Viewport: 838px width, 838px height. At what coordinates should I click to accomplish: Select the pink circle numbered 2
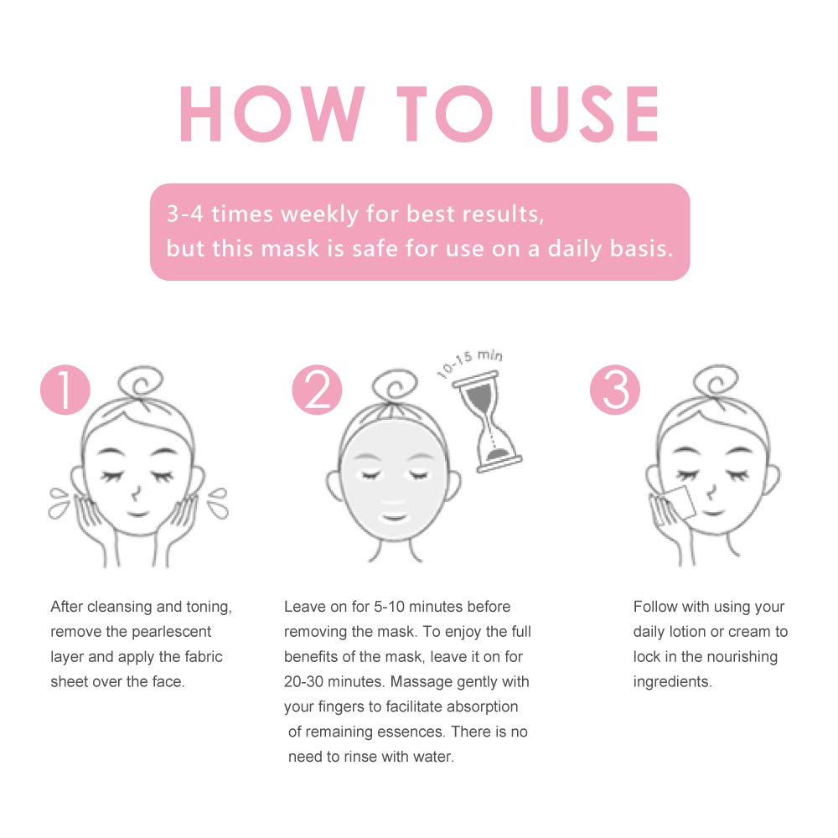tap(317, 390)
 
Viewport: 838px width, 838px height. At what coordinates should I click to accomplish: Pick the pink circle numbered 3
tap(615, 390)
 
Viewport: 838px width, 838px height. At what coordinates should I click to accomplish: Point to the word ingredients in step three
tap(672, 681)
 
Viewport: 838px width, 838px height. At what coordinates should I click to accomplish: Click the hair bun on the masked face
tap(388, 388)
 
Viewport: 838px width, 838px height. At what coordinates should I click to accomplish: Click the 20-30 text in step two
tap(307, 681)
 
